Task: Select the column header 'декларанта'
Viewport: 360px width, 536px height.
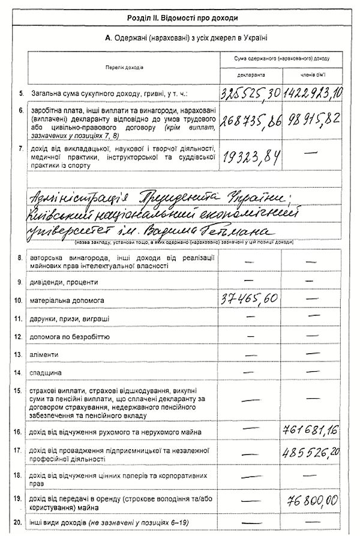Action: [x=251, y=76]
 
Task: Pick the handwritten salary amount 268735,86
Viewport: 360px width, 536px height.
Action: [x=251, y=122]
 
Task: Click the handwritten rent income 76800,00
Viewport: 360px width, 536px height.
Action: [x=312, y=500]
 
